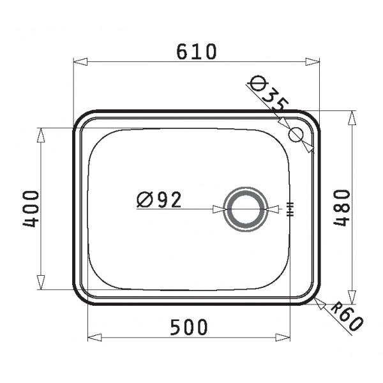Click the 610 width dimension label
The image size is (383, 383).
(196, 52)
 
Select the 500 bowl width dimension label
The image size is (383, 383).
(189, 327)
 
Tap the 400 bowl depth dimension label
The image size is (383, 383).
(31, 209)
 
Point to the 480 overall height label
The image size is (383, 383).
(342, 208)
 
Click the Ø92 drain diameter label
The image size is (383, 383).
(159, 199)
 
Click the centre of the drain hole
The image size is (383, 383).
(246, 209)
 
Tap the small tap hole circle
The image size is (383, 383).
(296, 135)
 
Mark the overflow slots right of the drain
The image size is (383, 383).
(290, 209)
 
